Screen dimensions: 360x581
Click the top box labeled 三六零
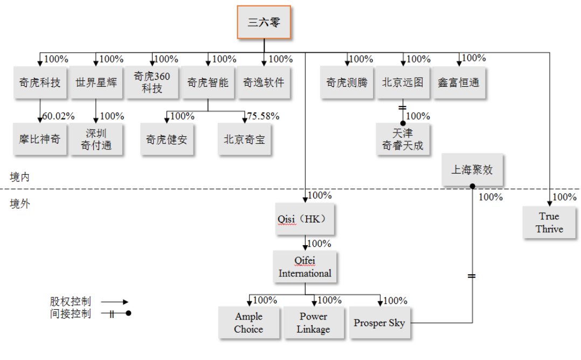click(264, 22)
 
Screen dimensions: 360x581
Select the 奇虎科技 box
click(40, 82)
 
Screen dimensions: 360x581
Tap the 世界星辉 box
click(96, 82)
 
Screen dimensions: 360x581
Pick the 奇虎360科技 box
click(152, 82)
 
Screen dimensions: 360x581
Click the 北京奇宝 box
click(244, 139)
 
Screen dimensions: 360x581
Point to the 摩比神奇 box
click(40, 139)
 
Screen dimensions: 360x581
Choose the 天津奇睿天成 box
click(403, 139)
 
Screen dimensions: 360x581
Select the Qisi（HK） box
click(305, 219)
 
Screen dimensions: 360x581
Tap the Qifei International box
click(305, 267)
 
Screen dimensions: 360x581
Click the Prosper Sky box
click(379, 323)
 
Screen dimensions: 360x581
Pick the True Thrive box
click(549, 223)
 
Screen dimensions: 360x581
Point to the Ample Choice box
click(249, 323)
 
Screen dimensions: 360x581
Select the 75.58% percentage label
click(263, 116)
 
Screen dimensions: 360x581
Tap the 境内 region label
click(20, 177)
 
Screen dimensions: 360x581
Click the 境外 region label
click(20, 204)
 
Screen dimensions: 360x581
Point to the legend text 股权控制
click(71, 301)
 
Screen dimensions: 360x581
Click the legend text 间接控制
click(71, 314)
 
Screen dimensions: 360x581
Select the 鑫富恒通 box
click(459, 82)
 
